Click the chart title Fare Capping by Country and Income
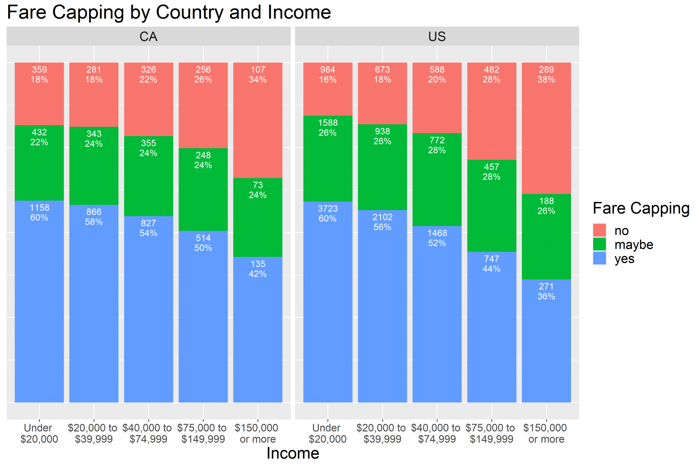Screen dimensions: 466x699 tap(169, 12)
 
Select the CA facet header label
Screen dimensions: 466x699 tap(148, 37)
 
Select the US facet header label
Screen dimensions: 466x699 tap(437, 37)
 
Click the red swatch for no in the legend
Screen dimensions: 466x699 tap(599, 230)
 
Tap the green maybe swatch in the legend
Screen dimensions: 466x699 tap(599, 244)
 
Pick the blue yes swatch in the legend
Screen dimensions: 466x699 tap(599, 258)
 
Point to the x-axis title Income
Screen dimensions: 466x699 tap(293, 453)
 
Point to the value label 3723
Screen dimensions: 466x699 tap(328, 208)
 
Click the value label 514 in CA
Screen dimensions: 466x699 tap(203, 238)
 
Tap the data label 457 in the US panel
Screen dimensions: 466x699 tap(491, 167)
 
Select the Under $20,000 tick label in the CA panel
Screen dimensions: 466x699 tap(39, 433)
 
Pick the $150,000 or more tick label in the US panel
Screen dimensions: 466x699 tap(546, 433)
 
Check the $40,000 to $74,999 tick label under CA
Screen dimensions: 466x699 tap(148, 433)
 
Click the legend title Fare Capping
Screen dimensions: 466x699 tap(641, 208)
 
